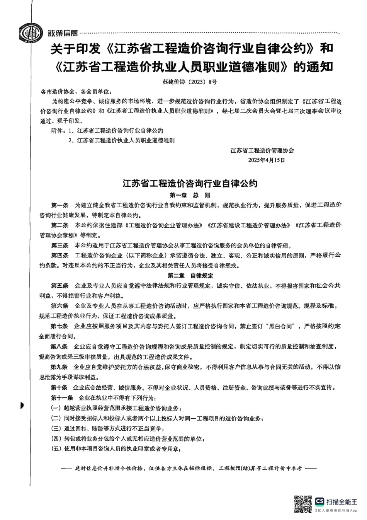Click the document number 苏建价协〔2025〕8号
(x=189, y=82)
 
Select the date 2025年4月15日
(x=267, y=160)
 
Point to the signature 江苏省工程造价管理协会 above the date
(x=262, y=150)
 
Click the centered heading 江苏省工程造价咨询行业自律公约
(x=190, y=183)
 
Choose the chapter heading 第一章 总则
(x=190, y=195)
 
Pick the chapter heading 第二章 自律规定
(x=190, y=276)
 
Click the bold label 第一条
(x=60, y=205)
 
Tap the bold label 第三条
(x=60, y=246)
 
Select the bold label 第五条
(x=60, y=286)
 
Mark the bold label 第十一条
(x=62, y=397)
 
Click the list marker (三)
(x=56, y=428)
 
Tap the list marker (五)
(x=56, y=448)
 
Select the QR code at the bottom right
(x=302, y=504)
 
